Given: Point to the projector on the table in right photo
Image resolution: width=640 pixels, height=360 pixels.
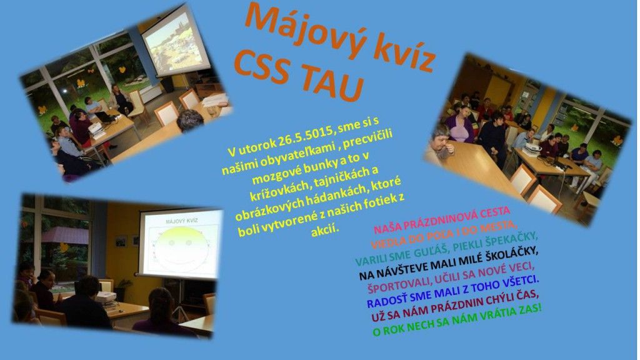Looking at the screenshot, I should [532, 149].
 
